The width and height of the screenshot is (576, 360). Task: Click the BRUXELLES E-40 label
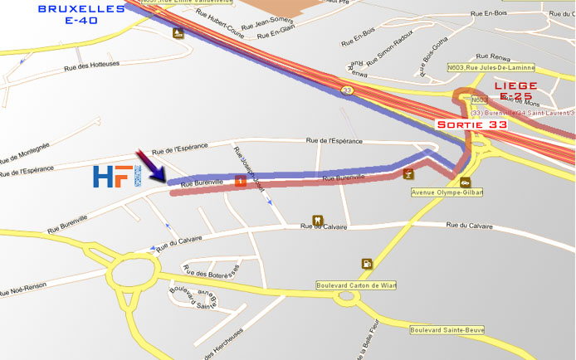pos(81,15)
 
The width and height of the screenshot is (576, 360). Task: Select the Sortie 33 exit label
pos(472,124)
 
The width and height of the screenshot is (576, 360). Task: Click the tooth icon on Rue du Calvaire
pos(316,220)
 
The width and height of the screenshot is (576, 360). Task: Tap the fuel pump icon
pos(366,264)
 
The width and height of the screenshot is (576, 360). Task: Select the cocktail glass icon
pos(408,174)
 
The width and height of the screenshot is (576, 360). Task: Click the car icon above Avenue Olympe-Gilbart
pos(466,181)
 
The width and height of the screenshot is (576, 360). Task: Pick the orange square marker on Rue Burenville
pos(240,181)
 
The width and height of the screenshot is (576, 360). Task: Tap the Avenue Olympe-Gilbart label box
pos(447,192)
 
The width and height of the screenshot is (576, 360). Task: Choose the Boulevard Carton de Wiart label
pos(356,285)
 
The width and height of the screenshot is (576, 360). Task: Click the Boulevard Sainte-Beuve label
pos(447,330)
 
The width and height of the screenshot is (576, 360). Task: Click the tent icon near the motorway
pos(178,34)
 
